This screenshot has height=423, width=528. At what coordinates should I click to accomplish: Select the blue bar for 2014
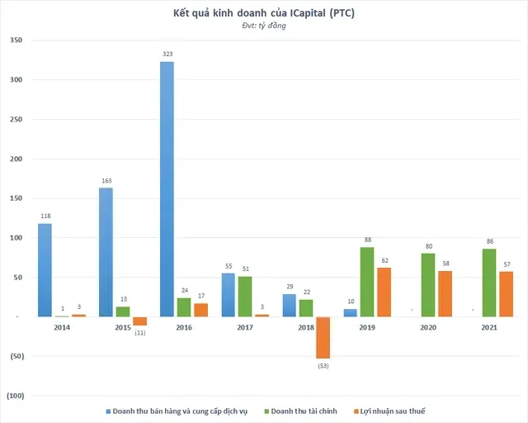click(x=45, y=269)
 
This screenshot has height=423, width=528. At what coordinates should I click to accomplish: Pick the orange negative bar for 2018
click(x=323, y=337)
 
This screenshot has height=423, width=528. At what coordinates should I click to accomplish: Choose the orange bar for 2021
click(x=506, y=294)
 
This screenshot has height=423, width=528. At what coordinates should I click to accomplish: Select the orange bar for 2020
click(x=445, y=293)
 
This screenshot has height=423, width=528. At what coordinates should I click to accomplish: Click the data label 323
click(x=167, y=54)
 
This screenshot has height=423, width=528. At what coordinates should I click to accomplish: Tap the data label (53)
click(x=323, y=365)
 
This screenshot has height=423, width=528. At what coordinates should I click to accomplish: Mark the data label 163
click(x=106, y=180)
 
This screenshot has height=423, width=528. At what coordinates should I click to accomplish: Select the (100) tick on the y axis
click(x=16, y=396)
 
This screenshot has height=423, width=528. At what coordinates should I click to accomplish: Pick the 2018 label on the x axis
click(x=307, y=328)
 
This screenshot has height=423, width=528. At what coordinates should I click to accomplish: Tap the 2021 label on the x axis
click(x=490, y=328)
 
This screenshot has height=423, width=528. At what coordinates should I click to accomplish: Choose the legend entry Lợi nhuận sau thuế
click(x=394, y=411)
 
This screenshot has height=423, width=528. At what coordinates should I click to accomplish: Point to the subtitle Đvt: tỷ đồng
click(x=264, y=27)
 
